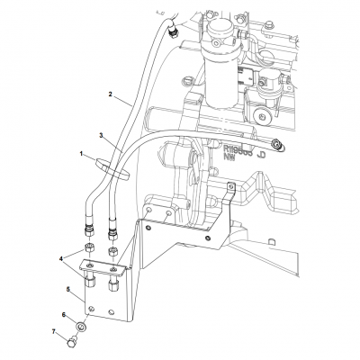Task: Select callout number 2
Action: coord(110,94)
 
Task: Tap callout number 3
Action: coord(102,135)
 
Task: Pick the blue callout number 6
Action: coord(64,314)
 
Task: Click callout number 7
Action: coord(55,333)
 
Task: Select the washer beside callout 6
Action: coord(82,327)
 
